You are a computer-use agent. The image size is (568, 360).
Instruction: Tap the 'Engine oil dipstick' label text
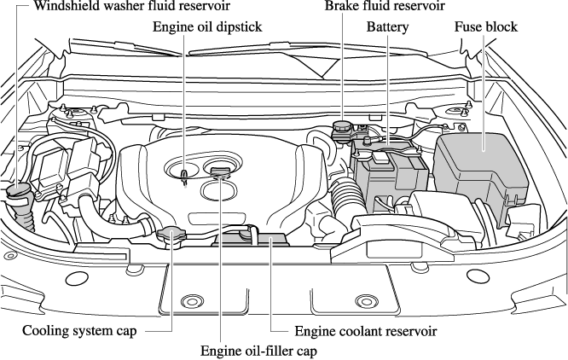pyautogui.click(x=206, y=27)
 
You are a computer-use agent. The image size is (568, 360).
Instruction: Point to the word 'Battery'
pyautogui.click(x=388, y=27)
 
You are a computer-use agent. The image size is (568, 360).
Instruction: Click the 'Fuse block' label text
pyautogui.click(x=486, y=27)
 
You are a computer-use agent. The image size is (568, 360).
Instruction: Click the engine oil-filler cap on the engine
pyautogui.click(x=220, y=175)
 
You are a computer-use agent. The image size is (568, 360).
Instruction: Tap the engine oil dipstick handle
pyautogui.click(x=184, y=175)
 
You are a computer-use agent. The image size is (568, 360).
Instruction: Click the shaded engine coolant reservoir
pyautogui.click(x=256, y=239)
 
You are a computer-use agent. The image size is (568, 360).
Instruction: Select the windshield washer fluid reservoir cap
pyautogui.click(x=18, y=190)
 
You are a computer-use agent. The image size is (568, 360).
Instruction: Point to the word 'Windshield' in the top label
pyautogui.click(x=61, y=7)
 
